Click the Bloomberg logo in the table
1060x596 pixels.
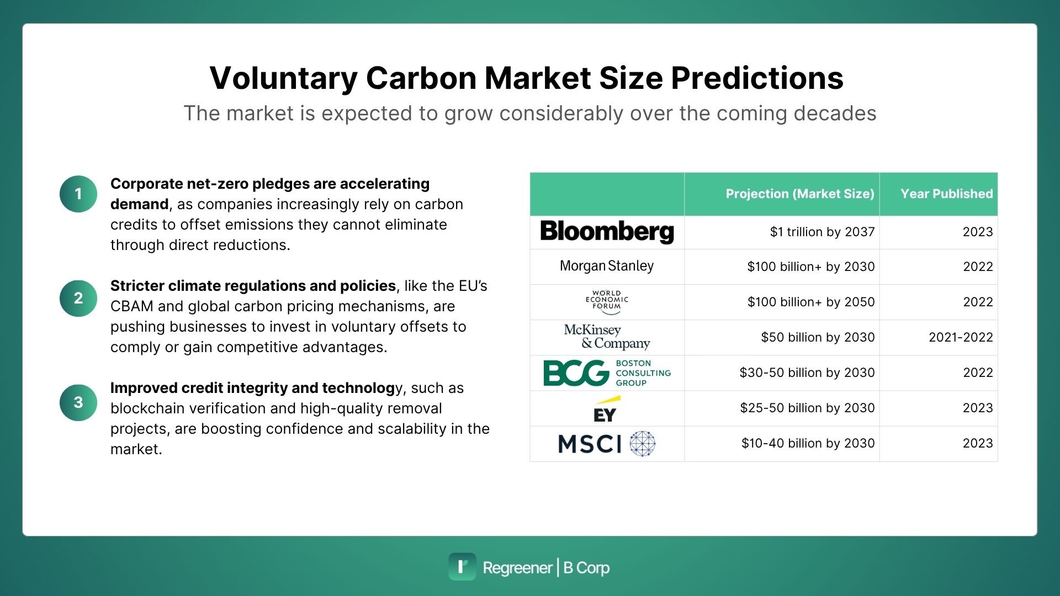click(x=607, y=232)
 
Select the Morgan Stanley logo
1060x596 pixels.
click(x=607, y=266)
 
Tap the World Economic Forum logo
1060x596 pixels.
click(x=607, y=302)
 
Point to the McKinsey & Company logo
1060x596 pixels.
click(x=607, y=337)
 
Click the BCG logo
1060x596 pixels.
click(x=607, y=372)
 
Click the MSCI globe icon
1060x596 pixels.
click(x=643, y=444)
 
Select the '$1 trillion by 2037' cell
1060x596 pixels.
click(x=822, y=232)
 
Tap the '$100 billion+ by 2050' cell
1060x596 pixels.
click(x=811, y=302)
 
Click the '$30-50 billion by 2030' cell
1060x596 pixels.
click(x=807, y=372)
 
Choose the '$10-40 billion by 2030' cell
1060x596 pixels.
click(x=808, y=443)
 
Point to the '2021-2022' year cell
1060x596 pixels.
click(x=961, y=337)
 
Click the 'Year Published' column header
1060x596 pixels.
click(x=946, y=194)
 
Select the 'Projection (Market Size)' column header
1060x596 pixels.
click(x=800, y=194)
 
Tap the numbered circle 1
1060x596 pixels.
click(x=78, y=194)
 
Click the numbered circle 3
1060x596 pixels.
click(x=78, y=402)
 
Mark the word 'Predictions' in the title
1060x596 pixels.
click(x=757, y=78)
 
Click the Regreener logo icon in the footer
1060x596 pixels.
click(x=462, y=567)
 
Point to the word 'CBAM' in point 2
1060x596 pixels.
click(x=132, y=306)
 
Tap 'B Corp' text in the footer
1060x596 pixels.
click(x=586, y=568)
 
